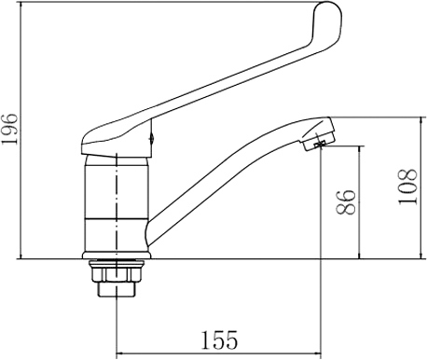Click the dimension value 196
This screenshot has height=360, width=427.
(9, 129)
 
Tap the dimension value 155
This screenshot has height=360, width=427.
(219, 339)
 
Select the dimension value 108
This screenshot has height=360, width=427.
(407, 187)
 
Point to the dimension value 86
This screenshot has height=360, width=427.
(346, 202)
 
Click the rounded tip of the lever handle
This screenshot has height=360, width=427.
(329, 12)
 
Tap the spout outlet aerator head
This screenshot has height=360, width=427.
(319, 133)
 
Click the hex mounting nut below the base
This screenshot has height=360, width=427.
(117, 271)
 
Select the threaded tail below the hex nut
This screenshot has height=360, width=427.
(117, 289)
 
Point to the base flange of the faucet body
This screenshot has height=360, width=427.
(117, 255)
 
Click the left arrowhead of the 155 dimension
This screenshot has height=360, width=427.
(119, 353)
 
